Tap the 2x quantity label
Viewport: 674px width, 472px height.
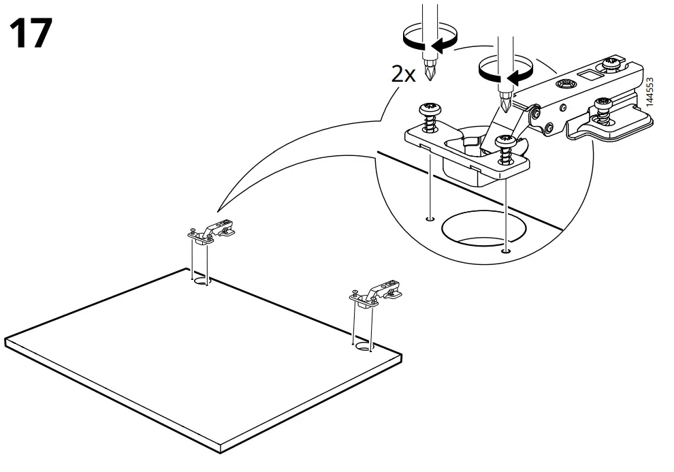coord(403,74)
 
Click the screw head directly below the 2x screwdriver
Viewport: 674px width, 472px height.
coord(431,109)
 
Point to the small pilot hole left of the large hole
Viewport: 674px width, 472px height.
coord(429,219)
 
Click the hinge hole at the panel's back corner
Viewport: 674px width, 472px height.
coord(201,280)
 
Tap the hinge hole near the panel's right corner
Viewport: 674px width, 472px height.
coord(364,347)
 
